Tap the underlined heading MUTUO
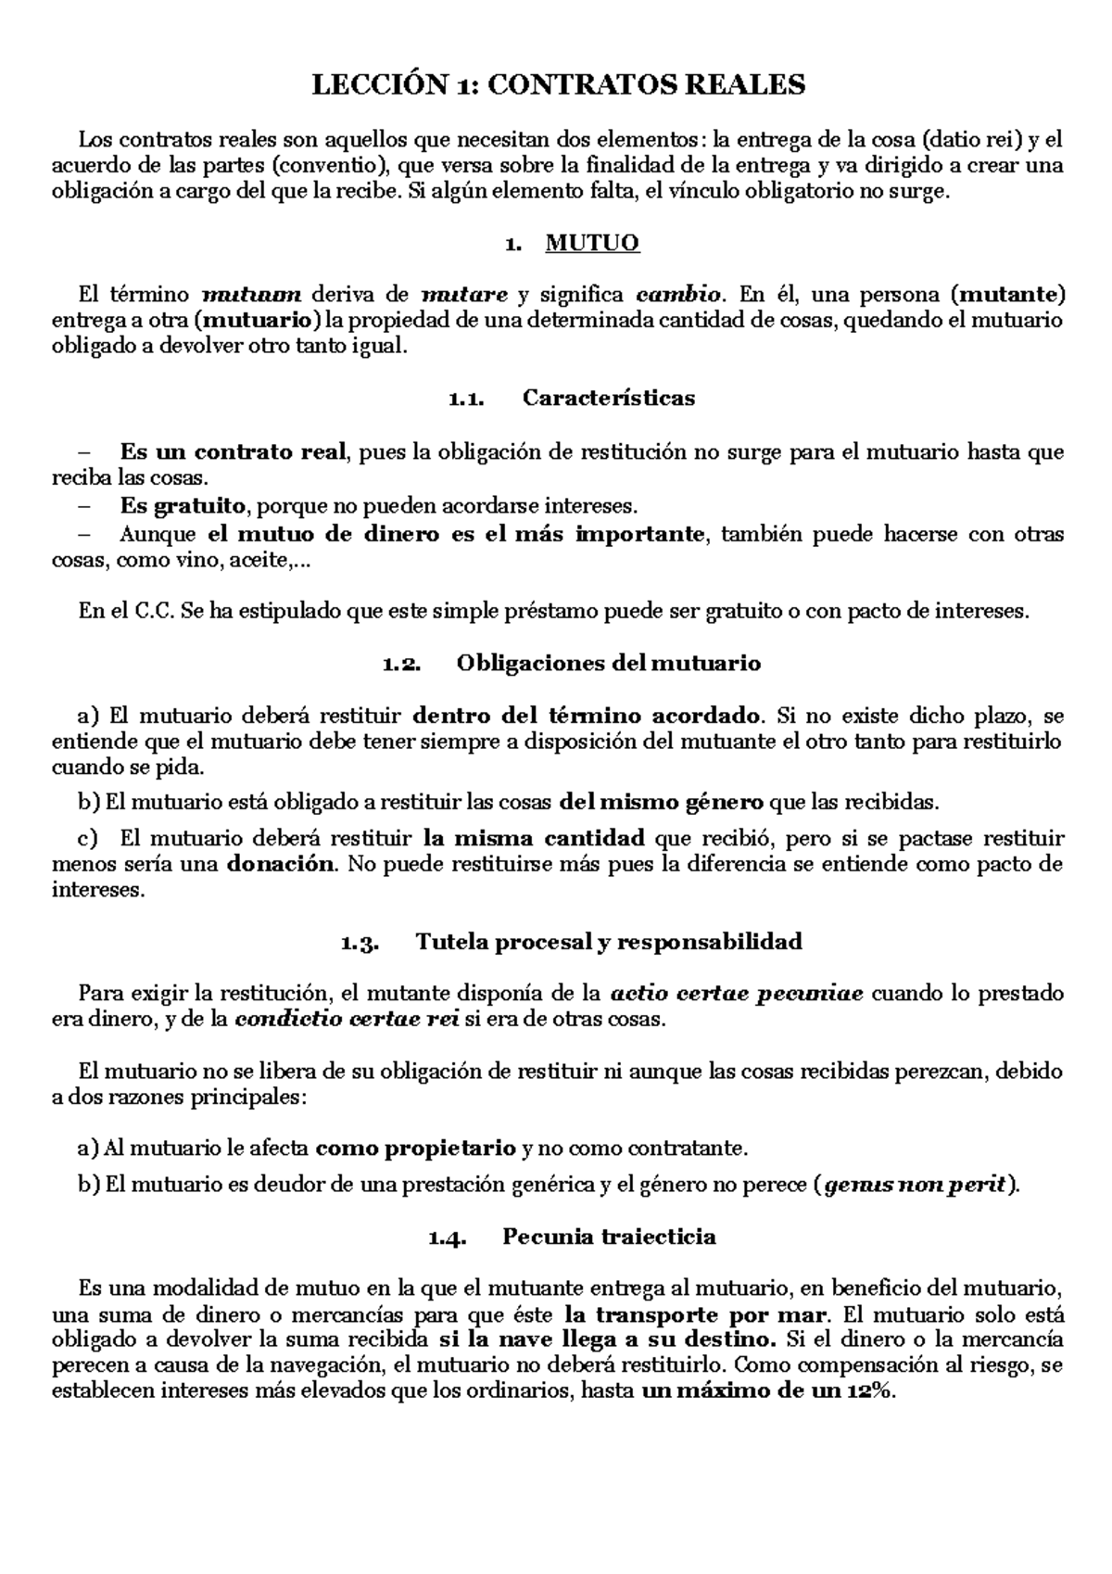(592, 244)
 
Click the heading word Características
(609, 399)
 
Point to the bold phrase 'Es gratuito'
(183, 506)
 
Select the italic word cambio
(679, 296)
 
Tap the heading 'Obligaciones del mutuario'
(609, 664)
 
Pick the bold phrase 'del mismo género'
(663, 801)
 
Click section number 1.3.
(360, 944)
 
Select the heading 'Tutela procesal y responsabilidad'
(609, 943)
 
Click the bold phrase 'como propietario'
(415, 1149)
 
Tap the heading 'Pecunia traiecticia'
(609, 1237)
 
